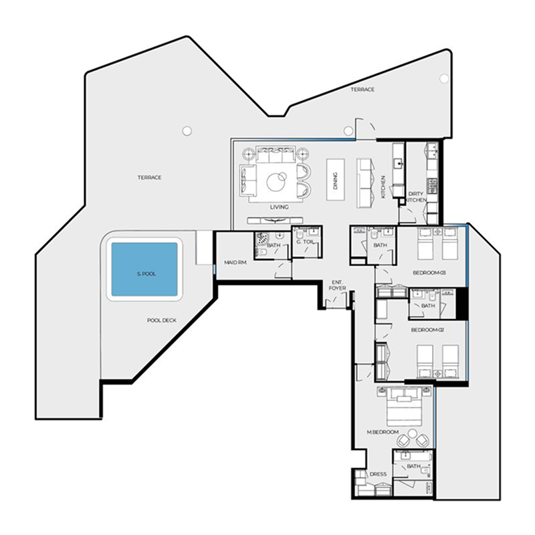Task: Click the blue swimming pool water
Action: coord(144,270)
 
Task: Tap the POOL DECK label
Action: coord(162,320)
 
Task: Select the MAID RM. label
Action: coord(235,263)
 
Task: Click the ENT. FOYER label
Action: coord(337,286)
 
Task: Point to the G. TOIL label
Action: coord(305,242)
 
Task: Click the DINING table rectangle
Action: coord(336,179)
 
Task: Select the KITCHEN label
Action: coord(383,187)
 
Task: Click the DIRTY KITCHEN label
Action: coord(415,197)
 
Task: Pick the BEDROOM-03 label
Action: coord(429,273)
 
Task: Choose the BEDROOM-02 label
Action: coord(427,330)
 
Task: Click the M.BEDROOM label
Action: coord(383,432)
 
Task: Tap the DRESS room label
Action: coord(378,474)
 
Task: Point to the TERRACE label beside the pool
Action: coord(149,177)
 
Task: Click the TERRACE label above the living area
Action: coord(362,90)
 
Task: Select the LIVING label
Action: coord(279,207)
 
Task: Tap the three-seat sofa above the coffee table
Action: coord(275,154)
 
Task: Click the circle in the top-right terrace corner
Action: coord(444,79)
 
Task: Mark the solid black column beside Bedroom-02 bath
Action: coord(461,304)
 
